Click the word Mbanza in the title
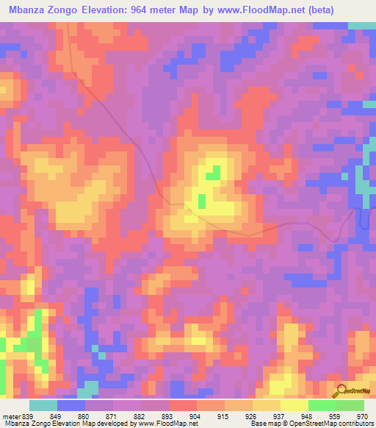[29, 10]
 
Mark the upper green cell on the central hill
[212, 174]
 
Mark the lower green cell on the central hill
[201, 200]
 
